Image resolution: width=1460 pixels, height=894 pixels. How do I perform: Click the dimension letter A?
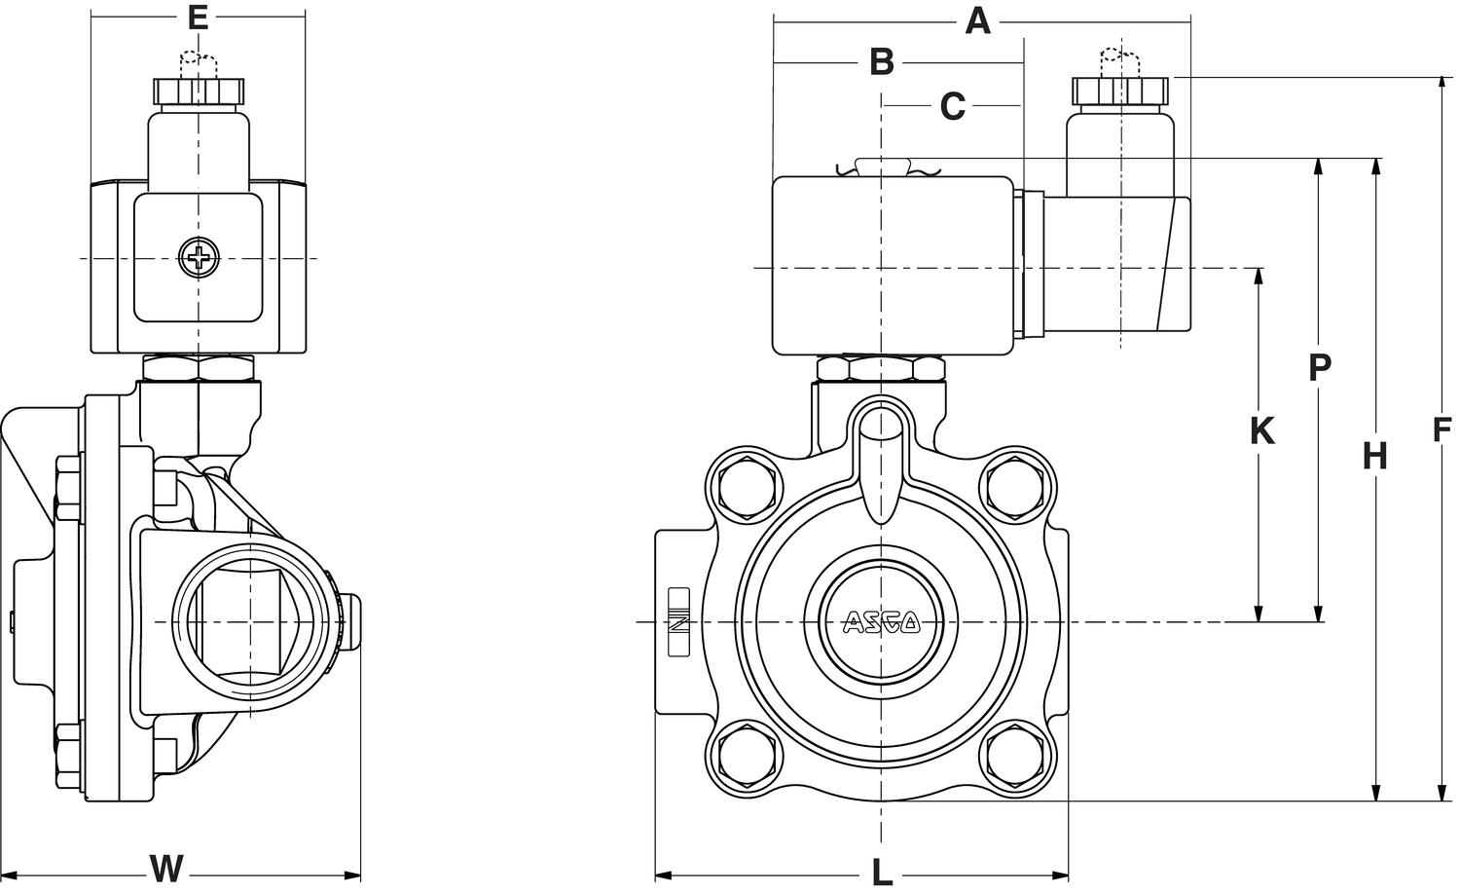coord(977,20)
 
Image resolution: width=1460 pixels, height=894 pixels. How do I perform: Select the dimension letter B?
coord(881,61)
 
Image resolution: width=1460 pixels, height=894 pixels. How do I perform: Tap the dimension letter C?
coord(952,105)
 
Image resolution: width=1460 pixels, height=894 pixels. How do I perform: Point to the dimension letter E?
coord(198,17)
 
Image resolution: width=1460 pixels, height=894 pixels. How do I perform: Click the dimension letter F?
coord(1442,429)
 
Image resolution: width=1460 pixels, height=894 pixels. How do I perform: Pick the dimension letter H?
coord(1374,455)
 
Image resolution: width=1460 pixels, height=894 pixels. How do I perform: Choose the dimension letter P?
coord(1319,367)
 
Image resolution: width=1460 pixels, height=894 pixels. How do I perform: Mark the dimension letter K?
coord(1261,429)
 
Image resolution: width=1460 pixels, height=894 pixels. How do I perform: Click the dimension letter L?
coord(881,873)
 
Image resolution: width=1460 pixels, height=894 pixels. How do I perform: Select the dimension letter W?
coord(166,867)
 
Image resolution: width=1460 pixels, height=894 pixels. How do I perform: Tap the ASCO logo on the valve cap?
coord(881,621)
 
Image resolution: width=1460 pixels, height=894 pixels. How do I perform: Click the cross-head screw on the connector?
coord(199,258)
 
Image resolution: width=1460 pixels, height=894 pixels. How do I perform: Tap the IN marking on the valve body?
coord(678,623)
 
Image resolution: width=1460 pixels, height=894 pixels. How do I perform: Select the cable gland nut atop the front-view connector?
coord(1118,91)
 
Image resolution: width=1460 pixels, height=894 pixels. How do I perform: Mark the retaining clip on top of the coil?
coord(882,168)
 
